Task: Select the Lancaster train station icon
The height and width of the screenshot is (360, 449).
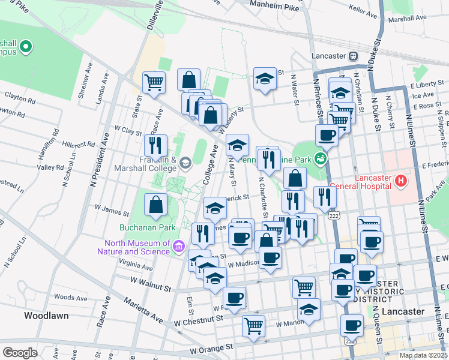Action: (x=354, y=56)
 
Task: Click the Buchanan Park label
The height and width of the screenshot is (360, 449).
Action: (x=150, y=227)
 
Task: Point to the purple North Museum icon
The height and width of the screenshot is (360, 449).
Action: (x=178, y=247)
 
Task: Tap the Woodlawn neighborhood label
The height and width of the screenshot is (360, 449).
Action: (x=46, y=315)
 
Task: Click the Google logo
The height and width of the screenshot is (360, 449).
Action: (x=20, y=353)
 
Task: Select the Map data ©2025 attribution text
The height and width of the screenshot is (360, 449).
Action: (x=423, y=355)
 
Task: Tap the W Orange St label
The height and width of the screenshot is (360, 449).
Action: (x=211, y=348)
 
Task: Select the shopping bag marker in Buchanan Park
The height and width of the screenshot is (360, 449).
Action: (x=156, y=205)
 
